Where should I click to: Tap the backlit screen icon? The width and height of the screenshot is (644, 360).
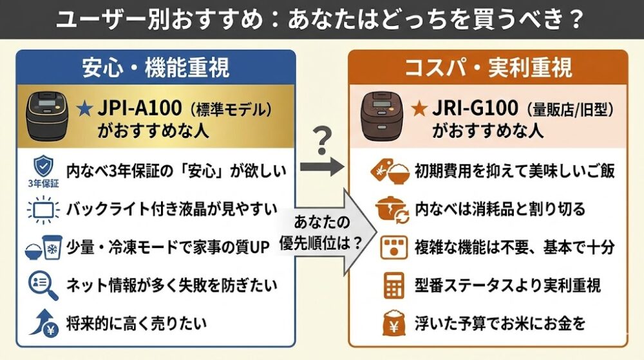tap(43, 209)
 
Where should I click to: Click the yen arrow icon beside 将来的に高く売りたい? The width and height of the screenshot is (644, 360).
tap(43, 322)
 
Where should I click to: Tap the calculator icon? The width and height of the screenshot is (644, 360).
tap(392, 284)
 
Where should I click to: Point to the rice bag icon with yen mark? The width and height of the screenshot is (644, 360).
tap(392, 322)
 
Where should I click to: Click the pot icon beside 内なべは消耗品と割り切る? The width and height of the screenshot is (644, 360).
tap(391, 209)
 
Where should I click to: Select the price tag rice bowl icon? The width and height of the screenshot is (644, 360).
tap(390, 171)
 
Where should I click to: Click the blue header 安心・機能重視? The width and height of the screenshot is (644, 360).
tap(156, 68)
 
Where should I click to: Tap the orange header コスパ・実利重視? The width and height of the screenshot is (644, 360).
tap(488, 68)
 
